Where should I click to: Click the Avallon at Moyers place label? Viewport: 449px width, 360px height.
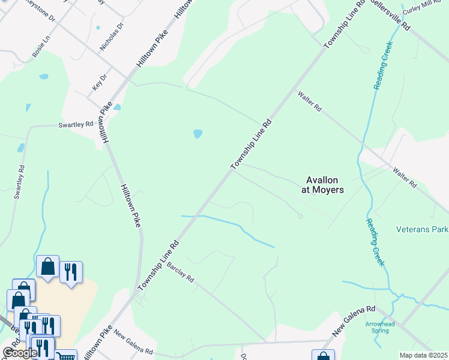(x=322, y=185)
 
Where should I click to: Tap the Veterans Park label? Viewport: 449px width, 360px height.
(x=422, y=229)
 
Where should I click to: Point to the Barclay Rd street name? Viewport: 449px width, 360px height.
(x=181, y=272)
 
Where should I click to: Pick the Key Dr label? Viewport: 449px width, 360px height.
(x=99, y=81)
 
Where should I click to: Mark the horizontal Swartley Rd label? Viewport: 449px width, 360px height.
(x=76, y=124)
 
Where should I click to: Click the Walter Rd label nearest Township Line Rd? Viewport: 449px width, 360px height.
(x=310, y=101)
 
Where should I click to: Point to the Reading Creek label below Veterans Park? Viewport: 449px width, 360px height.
(x=374, y=242)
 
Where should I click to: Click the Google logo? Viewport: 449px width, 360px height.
(x=20, y=353)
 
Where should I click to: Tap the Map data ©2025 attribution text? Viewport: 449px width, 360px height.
(x=423, y=355)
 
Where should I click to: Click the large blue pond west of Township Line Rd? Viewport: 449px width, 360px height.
(x=197, y=134)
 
